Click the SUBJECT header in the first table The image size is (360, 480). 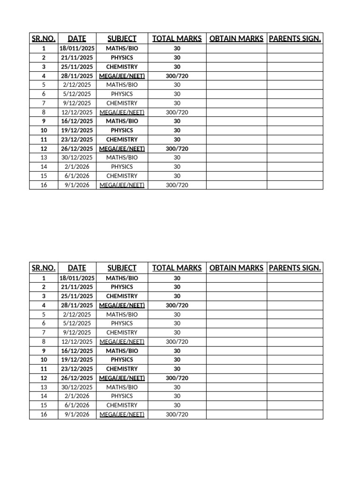pos(122,38)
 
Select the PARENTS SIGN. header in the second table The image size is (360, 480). pos(295,268)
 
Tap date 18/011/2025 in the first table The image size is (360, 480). pos(77,48)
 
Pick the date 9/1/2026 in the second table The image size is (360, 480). pos(77,414)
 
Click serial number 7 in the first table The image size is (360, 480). pos(44,103)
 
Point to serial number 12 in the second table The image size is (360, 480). pos(44,378)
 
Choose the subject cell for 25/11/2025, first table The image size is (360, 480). pos(122,67)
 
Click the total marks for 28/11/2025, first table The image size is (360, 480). pos(177,76)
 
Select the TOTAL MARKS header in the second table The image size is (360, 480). pos(177,268)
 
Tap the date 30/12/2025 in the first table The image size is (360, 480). pos(77,157)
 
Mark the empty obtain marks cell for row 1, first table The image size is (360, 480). pos(236,48)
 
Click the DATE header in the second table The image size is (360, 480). pos(77,268)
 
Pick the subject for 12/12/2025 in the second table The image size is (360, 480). pos(122,342)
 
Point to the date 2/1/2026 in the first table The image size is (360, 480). pos(77,167)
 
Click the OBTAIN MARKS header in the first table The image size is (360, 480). pos(236,38)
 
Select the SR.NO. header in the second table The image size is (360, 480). pos(44,268)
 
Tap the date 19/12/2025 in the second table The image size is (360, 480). pos(77,360)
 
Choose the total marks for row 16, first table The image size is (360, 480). pos(177,185)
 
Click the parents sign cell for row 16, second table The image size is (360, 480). pos(295,414)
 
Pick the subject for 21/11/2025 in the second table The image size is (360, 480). pos(122,287)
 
